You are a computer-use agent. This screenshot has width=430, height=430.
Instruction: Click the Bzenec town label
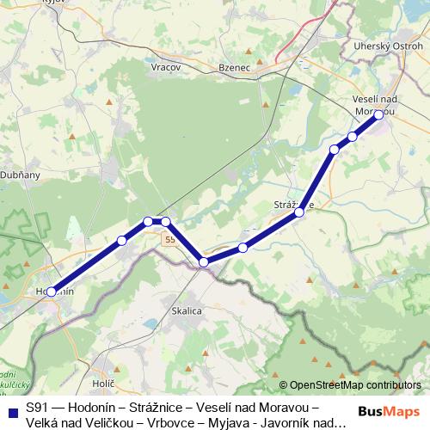210,65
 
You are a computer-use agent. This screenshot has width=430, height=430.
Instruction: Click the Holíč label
102,380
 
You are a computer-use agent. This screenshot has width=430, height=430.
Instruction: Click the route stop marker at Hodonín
51,292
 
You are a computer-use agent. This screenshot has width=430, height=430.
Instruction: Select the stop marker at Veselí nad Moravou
378,114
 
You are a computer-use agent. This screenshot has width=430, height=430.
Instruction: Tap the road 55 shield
170,238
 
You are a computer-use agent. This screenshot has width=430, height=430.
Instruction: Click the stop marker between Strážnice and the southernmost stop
243,248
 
